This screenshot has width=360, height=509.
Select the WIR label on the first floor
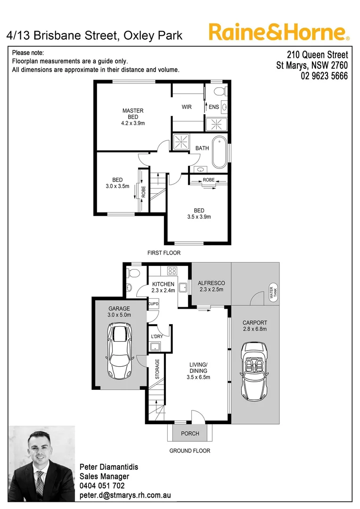187,107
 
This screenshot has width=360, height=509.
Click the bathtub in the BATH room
220,152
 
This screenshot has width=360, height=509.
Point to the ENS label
214,107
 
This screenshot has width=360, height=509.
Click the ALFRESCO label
211,283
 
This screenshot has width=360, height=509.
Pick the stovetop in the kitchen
172,271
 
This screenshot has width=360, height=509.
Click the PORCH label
190,433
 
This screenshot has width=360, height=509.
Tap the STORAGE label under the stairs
157,369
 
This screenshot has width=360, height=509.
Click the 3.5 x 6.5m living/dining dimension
198,377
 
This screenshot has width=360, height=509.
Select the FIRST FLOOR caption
164,253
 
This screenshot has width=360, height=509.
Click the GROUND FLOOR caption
190,451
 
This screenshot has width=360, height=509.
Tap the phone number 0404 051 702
103,485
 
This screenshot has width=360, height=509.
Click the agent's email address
125,495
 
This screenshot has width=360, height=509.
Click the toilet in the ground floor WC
133,272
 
